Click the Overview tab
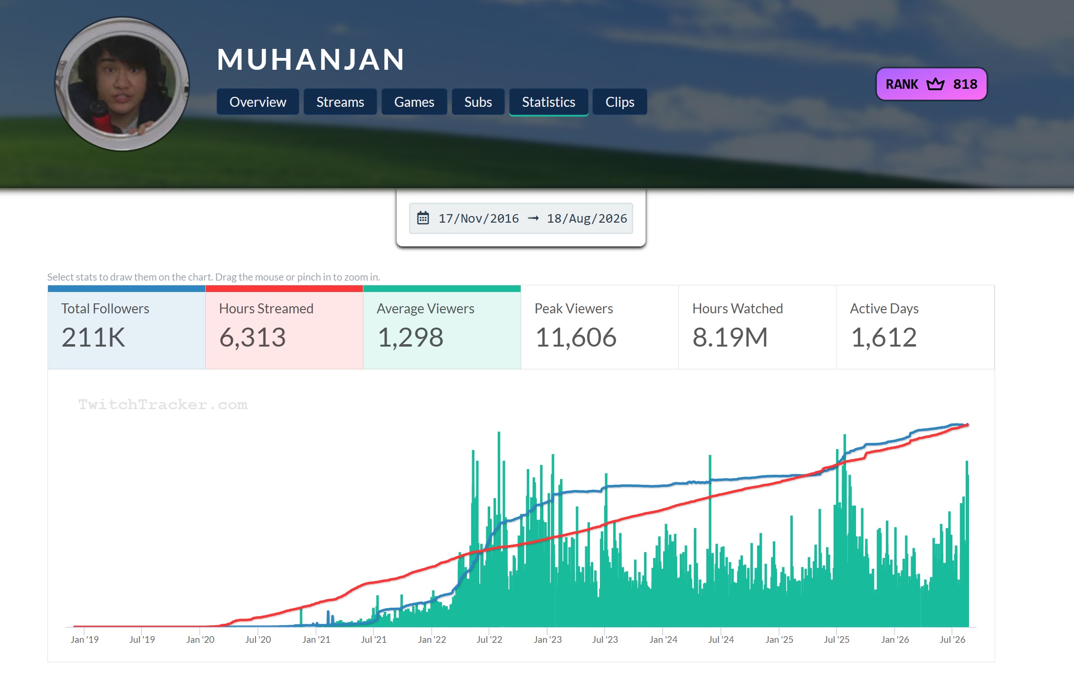pyautogui.click(x=257, y=102)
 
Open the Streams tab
pyautogui.click(x=340, y=102)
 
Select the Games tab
pyautogui.click(x=414, y=102)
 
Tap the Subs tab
pyautogui.click(x=478, y=102)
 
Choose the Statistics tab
pyautogui.click(x=549, y=102)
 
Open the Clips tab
pyautogui.click(x=620, y=102)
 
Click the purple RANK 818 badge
pyautogui.click(x=931, y=84)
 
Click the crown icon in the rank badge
pyautogui.click(x=935, y=84)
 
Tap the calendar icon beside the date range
pyautogui.click(x=423, y=218)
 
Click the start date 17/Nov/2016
pyautogui.click(x=478, y=218)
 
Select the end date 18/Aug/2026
pyautogui.click(x=587, y=218)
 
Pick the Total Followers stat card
pyautogui.click(x=126, y=327)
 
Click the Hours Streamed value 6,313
pyautogui.click(x=253, y=338)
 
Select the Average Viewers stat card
pyautogui.click(x=442, y=327)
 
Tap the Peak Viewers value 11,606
pyautogui.click(x=576, y=338)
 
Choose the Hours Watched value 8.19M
pyautogui.click(x=730, y=338)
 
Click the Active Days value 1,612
pyautogui.click(x=884, y=338)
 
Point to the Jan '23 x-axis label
pyautogui.click(x=548, y=639)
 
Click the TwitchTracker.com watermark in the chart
pyautogui.click(x=163, y=404)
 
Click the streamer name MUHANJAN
pyautogui.click(x=311, y=59)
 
